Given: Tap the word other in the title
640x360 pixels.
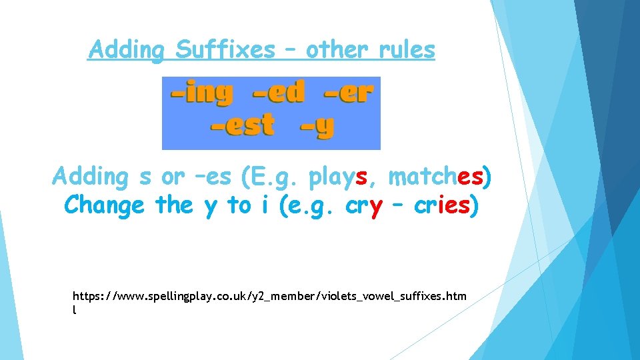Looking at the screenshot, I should pyautogui.click(x=337, y=49).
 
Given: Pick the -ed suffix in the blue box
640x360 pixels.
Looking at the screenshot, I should pyautogui.click(x=279, y=93).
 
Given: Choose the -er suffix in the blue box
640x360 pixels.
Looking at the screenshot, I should pyautogui.click(x=347, y=93).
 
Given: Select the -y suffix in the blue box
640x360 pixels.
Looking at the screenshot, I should pyautogui.click(x=317, y=126).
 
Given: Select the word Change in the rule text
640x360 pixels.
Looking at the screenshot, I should pyautogui.click(x=104, y=206).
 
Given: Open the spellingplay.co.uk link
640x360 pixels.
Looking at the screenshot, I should pyautogui.click(x=270, y=295).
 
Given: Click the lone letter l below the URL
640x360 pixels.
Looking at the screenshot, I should pyautogui.click(x=75, y=310).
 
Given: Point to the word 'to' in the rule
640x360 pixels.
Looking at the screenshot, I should pyautogui.click(x=239, y=206).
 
